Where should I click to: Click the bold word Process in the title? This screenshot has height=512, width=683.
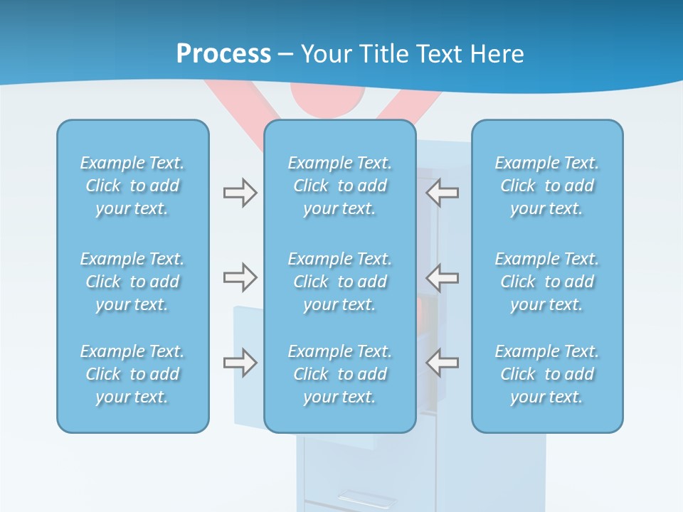[223, 54]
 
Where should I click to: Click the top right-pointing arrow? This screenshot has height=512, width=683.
[240, 193]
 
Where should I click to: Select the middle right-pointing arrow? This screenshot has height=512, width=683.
[240, 277]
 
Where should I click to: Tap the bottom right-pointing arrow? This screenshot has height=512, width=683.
[240, 363]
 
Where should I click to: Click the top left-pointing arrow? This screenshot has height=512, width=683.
[442, 193]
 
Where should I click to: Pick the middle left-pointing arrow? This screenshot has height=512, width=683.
[442, 277]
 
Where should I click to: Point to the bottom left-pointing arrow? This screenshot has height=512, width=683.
[442, 363]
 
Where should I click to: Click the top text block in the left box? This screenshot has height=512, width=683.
[132, 186]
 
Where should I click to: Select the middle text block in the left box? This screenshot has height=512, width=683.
[132, 282]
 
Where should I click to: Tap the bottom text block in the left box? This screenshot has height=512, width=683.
[132, 374]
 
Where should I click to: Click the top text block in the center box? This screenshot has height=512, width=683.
[339, 186]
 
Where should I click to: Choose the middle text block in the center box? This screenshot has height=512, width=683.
[339, 282]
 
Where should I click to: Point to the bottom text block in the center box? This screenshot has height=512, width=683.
[339, 374]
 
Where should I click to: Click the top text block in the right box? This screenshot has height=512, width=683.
[546, 186]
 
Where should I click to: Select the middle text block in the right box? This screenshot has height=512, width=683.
[546, 282]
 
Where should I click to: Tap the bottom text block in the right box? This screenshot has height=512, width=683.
[546, 374]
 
